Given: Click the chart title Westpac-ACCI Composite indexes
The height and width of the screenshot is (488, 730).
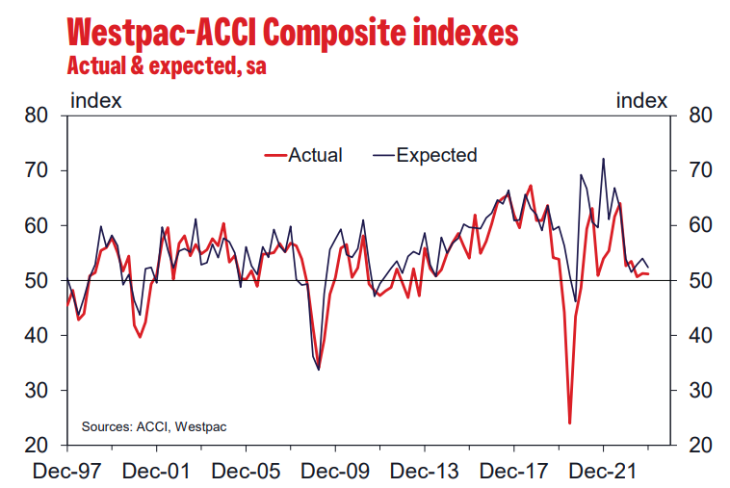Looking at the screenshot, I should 292,33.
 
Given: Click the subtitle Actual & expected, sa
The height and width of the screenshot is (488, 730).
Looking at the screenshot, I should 165,66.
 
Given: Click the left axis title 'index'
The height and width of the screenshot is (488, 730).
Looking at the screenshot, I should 95,99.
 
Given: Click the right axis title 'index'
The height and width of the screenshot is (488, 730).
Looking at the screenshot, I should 641,99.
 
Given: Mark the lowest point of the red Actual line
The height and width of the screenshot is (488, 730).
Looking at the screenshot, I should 570,423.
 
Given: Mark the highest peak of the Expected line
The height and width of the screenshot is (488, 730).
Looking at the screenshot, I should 604,159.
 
